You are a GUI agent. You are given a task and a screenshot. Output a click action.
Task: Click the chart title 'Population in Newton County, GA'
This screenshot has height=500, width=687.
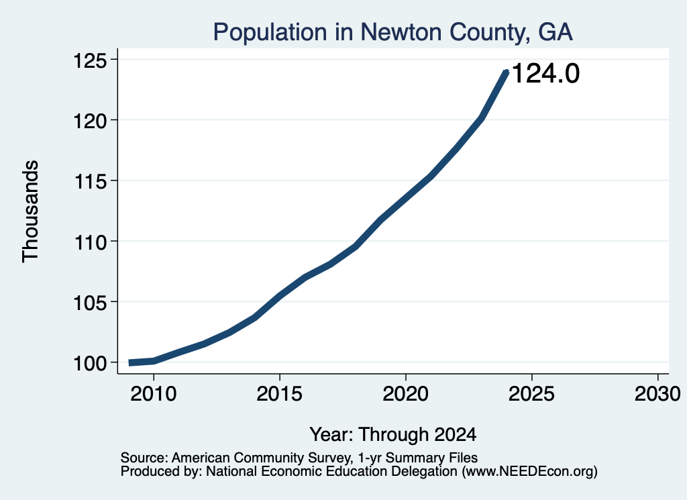click(x=392, y=32)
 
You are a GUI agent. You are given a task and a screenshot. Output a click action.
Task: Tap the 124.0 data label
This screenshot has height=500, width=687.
click(x=545, y=72)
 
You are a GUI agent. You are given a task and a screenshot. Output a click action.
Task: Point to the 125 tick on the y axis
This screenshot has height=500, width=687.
click(x=91, y=60)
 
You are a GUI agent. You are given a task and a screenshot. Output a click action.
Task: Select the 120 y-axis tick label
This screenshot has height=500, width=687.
click(x=91, y=121)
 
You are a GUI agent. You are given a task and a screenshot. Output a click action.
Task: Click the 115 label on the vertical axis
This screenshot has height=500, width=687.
click(x=91, y=181)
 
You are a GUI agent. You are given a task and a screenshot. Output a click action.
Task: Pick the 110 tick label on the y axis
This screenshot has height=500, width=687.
click(x=91, y=242)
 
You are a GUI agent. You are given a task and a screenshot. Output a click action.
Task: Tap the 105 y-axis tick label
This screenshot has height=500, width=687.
click(x=91, y=303)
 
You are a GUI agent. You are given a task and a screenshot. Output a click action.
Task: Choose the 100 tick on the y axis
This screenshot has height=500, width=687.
click(x=91, y=363)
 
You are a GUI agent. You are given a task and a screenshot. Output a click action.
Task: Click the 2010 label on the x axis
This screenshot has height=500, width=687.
click(x=154, y=394)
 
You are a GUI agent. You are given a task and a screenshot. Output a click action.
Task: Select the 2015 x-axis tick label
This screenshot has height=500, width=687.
click(x=280, y=394)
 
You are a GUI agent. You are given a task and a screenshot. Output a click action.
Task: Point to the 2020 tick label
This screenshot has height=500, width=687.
click(x=406, y=394)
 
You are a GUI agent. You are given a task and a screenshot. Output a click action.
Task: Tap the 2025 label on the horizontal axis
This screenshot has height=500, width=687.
click(x=531, y=394)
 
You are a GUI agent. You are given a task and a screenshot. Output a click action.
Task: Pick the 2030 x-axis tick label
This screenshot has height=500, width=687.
click(x=657, y=394)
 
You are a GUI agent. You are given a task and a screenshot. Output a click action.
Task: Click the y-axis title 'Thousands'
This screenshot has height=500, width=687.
click(x=30, y=211)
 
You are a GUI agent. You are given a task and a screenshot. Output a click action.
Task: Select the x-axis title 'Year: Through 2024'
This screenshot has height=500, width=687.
click(x=393, y=435)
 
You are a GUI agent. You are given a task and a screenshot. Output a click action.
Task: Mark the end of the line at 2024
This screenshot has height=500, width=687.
click(x=507, y=72)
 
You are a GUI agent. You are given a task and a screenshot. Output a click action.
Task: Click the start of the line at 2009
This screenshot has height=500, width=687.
click(x=130, y=363)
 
